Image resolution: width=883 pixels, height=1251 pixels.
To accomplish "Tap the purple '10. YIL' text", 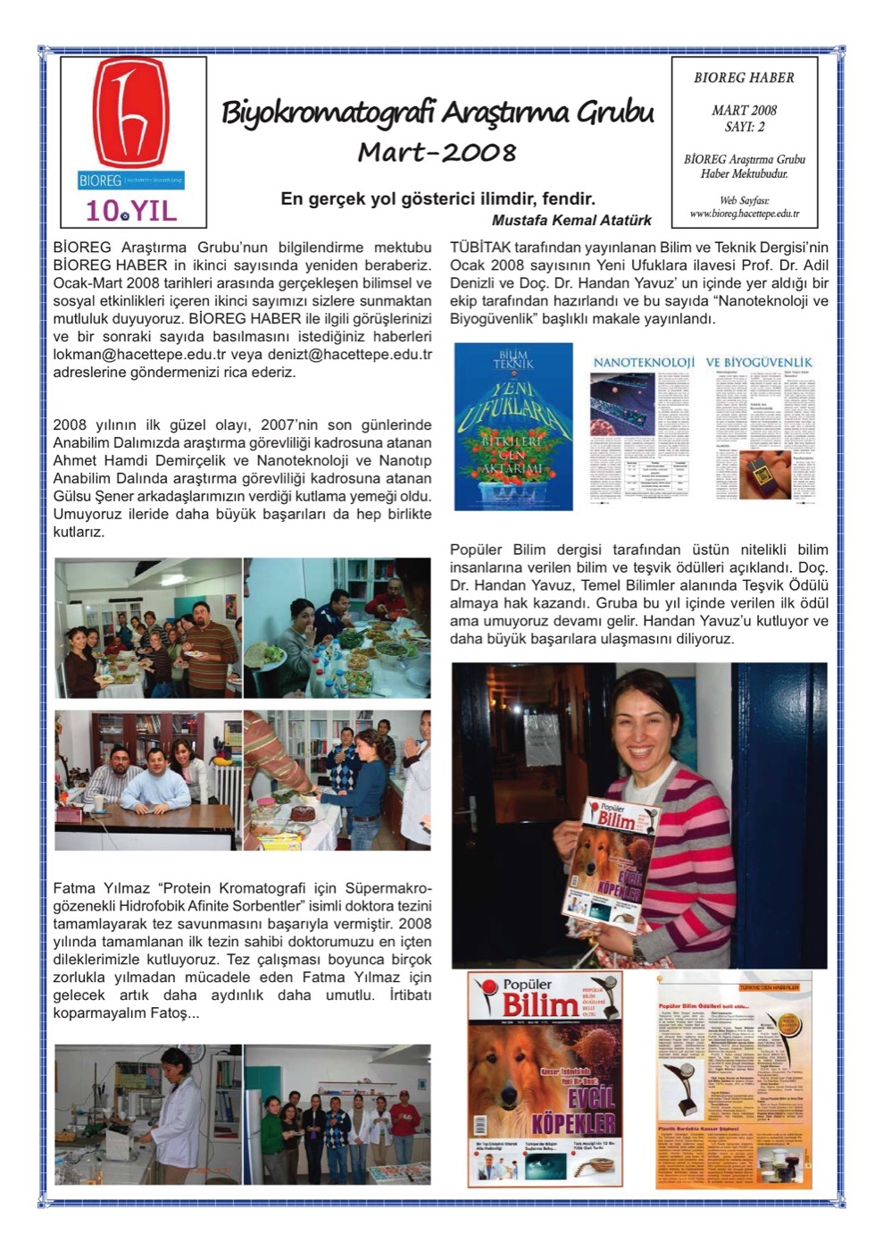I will click(x=131, y=211).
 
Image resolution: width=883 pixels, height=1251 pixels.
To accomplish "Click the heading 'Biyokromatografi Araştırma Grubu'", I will click(x=437, y=113).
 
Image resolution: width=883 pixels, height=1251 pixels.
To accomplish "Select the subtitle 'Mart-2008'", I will click(x=437, y=152).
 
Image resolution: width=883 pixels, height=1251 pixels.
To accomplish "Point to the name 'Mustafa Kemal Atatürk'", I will click(x=571, y=220).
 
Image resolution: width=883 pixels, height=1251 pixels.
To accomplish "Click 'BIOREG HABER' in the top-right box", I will click(x=744, y=78).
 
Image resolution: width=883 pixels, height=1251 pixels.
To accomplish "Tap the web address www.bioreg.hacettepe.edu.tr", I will click(x=744, y=214).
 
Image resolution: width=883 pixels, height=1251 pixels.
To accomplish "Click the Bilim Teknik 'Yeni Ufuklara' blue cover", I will click(x=513, y=426).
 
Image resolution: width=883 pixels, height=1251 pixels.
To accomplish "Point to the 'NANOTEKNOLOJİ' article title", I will click(x=644, y=362).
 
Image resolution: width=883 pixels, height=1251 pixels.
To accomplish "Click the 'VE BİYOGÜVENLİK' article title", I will click(x=759, y=362).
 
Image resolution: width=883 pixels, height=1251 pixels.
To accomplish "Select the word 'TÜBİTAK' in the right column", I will click(x=479, y=247).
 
